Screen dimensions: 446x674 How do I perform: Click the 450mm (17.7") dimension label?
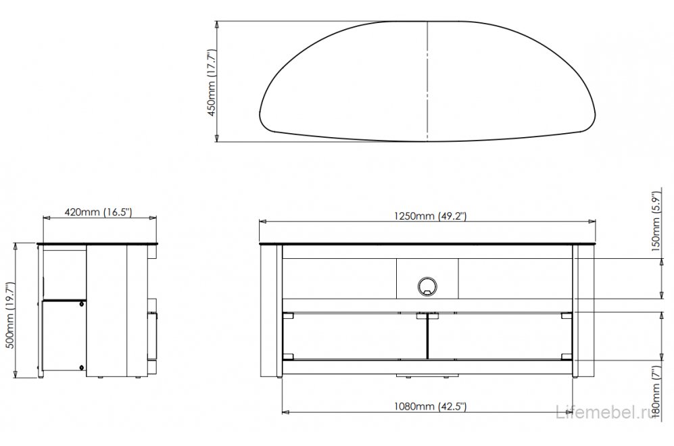[212, 82]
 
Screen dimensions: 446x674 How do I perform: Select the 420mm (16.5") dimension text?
[98, 212]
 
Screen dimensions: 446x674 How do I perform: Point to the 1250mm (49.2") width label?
[428, 216]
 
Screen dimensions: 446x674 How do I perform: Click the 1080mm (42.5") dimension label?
[428, 405]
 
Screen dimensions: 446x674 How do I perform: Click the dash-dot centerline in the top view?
[428, 81]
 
